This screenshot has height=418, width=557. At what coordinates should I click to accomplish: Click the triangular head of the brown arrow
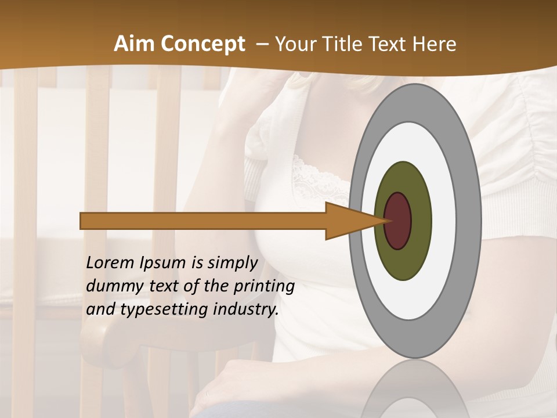click(348, 221)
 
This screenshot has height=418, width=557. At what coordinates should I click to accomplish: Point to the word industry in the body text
click(244, 309)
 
